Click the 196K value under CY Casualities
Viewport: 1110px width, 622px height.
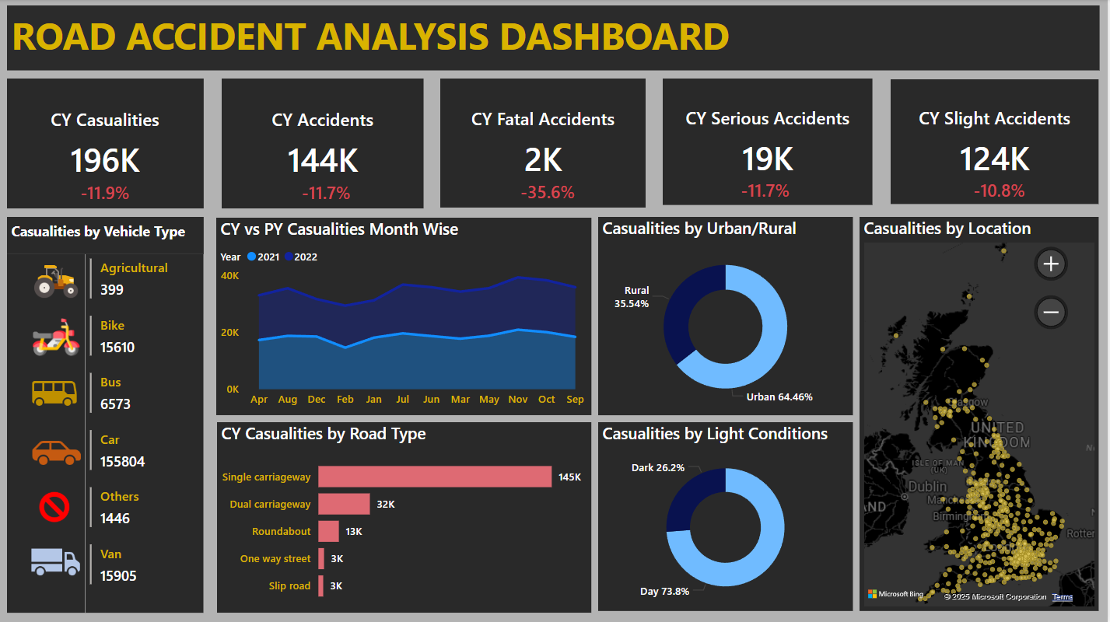[x=105, y=160]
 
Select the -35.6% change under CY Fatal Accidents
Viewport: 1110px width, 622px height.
[x=548, y=192]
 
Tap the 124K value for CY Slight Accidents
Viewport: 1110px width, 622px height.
[x=994, y=159]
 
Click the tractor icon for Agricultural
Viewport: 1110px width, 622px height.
[x=56, y=281]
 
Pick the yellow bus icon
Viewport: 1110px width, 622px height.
[x=54, y=393]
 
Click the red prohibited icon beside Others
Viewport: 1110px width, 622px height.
[x=54, y=508]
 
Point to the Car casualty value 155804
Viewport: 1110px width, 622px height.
[x=122, y=461]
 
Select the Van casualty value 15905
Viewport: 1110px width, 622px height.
[x=118, y=576]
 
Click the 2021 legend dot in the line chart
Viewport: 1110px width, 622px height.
[x=251, y=257]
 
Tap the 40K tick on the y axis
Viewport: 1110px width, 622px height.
[x=229, y=276]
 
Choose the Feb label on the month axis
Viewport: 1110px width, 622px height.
[x=345, y=400]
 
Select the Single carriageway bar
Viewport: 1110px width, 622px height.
[x=434, y=477]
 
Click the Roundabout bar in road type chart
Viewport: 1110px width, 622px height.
[x=328, y=532]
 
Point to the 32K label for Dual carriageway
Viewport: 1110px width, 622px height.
[x=386, y=505]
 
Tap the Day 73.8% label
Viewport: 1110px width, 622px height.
[x=664, y=592]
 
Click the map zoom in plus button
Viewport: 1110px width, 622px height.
[x=1050, y=264]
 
